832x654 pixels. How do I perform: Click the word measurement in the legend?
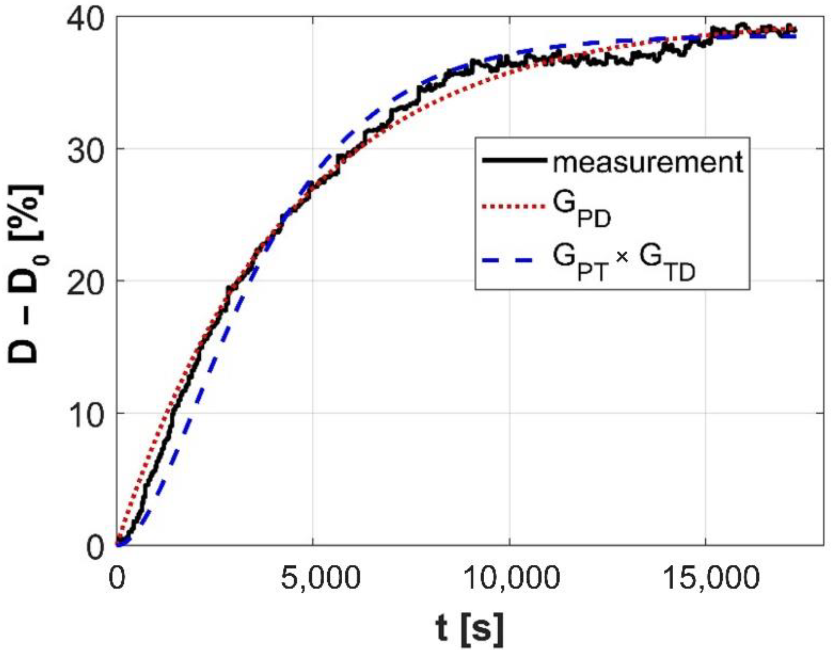click(x=647, y=161)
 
